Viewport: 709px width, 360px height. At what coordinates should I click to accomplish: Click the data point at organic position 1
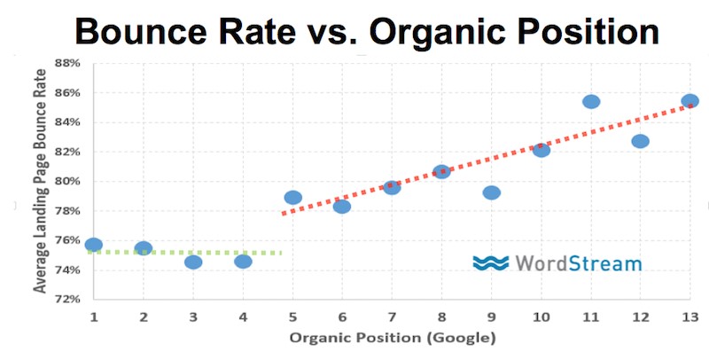click(94, 245)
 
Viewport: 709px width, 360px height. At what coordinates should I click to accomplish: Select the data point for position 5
click(293, 197)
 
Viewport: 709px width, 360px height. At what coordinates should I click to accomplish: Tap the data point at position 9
click(492, 192)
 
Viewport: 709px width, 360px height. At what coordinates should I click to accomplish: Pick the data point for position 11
click(591, 101)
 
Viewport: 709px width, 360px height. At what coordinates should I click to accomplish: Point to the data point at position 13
click(690, 101)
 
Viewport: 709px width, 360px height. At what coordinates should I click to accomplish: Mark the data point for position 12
click(641, 141)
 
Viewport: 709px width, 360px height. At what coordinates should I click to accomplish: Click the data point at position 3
click(193, 262)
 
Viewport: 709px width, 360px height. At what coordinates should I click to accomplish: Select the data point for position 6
click(342, 207)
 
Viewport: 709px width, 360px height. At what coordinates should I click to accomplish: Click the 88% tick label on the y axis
click(68, 63)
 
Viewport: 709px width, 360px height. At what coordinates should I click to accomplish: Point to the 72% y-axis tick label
click(68, 299)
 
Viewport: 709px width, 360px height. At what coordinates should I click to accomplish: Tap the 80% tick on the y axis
click(68, 181)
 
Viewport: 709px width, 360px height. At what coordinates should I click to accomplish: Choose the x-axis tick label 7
click(392, 317)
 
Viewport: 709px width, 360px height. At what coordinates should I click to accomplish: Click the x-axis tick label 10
click(541, 317)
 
